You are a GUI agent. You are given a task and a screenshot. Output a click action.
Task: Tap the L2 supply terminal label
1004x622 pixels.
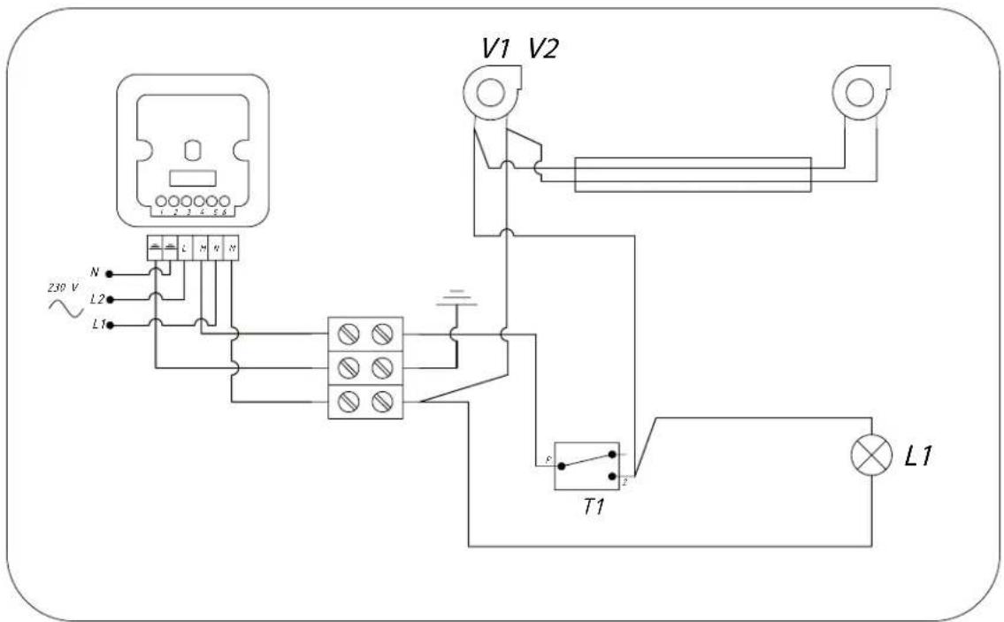(x=97, y=300)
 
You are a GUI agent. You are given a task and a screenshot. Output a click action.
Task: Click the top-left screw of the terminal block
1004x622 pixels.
(x=349, y=334)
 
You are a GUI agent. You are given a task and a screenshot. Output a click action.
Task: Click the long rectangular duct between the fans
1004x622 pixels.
(x=693, y=174)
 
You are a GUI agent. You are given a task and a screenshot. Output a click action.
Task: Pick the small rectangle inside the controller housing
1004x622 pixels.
(x=193, y=177)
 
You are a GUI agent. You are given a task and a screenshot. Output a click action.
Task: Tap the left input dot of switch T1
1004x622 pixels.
(x=561, y=465)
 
